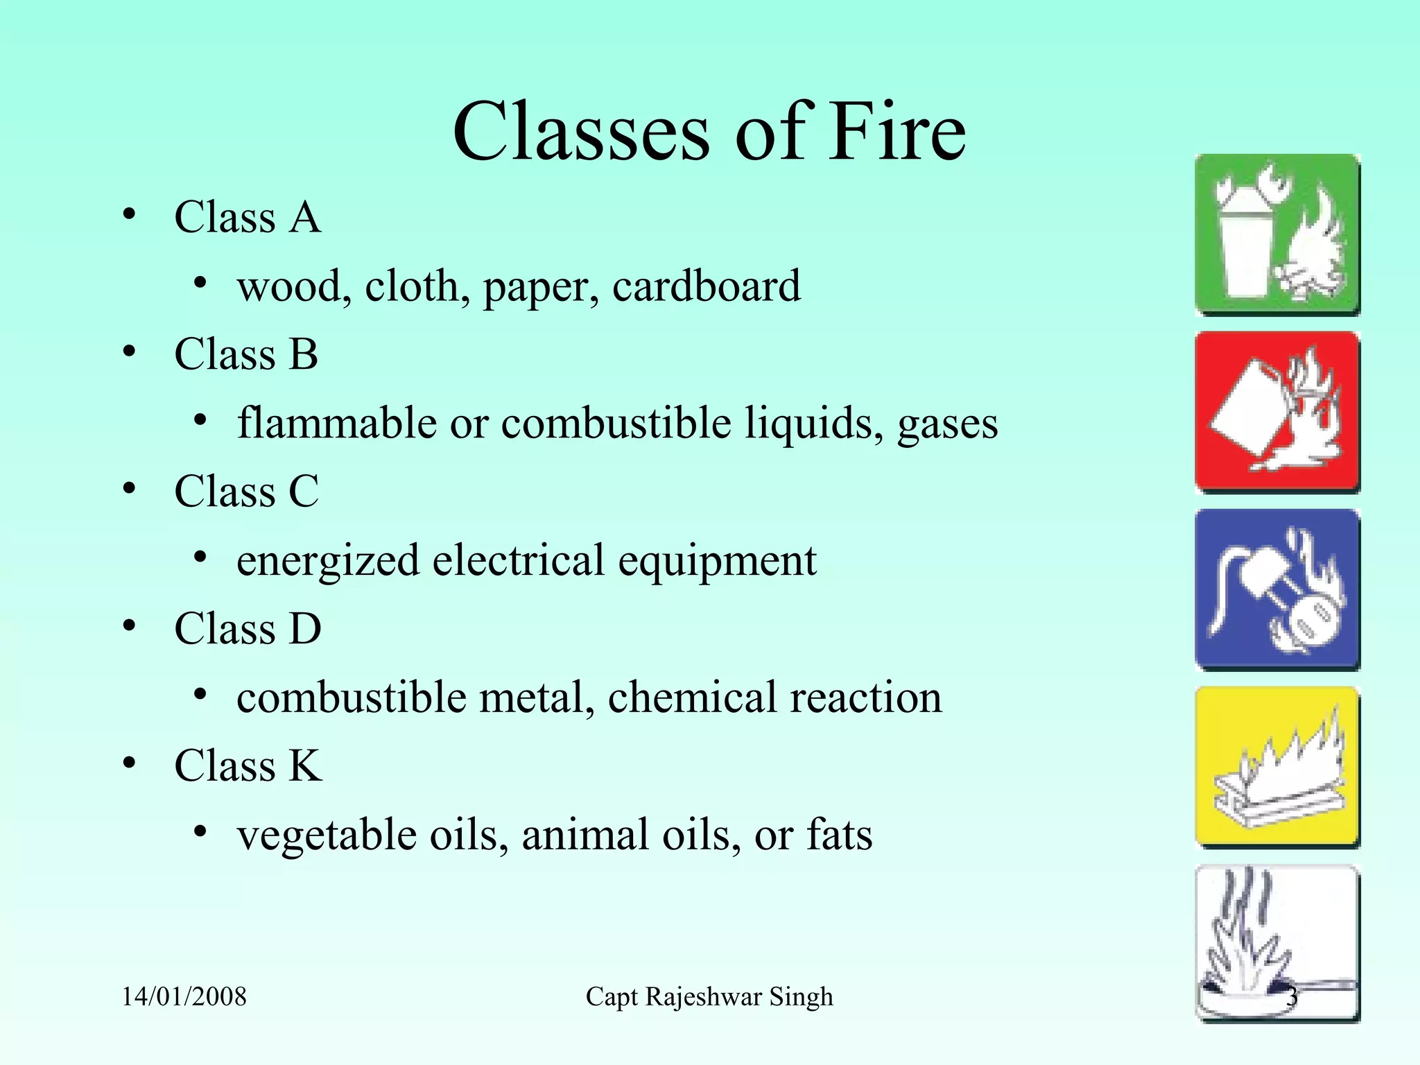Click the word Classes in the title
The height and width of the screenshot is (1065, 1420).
tap(581, 131)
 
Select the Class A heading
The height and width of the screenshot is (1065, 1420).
tap(248, 217)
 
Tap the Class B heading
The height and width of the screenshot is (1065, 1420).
tap(246, 354)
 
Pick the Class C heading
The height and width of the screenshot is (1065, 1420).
tap(247, 492)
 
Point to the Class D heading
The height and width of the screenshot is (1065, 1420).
tap(248, 629)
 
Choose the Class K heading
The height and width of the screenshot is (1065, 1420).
tap(248, 766)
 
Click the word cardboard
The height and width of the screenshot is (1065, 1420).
tap(706, 286)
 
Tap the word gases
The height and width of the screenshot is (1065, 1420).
tap(947, 423)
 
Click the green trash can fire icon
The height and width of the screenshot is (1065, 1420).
tap(1277, 235)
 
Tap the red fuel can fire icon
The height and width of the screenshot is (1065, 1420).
tap(1277, 412)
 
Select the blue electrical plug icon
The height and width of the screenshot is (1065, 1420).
tap(1277, 589)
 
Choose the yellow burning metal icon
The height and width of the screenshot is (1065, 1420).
tap(1277, 767)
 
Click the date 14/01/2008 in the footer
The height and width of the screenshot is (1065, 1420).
tap(184, 997)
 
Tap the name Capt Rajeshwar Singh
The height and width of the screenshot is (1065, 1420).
tap(709, 997)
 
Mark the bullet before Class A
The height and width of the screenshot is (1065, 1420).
tap(130, 216)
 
